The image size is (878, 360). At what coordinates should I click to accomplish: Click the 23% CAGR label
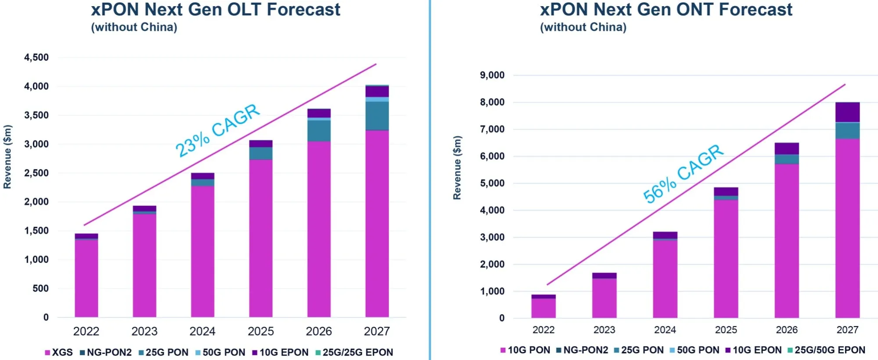[218, 130]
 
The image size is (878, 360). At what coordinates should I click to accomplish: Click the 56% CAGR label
[683, 173]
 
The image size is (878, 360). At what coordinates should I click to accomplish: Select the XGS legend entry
[59, 352]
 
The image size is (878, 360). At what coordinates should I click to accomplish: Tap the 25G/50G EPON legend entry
[826, 350]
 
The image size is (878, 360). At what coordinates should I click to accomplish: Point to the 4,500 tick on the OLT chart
[36, 58]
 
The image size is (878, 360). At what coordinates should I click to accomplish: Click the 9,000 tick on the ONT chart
[492, 75]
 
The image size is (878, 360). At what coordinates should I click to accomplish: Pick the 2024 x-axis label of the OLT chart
[202, 331]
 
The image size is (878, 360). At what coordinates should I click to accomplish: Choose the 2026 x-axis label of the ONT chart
[787, 330]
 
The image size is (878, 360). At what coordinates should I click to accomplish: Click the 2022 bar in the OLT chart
[86, 277]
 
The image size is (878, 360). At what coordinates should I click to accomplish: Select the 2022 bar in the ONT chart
[543, 307]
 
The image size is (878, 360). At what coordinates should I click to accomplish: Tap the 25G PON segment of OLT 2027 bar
[377, 116]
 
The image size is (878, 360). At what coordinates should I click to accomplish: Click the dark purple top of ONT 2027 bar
[847, 112]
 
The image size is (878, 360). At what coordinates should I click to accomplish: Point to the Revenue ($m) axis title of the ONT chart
[457, 168]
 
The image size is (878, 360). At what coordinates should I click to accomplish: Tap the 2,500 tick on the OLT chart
[36, 173]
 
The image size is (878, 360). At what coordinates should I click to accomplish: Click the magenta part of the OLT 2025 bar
[261, 237]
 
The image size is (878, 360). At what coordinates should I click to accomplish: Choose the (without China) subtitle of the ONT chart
[583, 27]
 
